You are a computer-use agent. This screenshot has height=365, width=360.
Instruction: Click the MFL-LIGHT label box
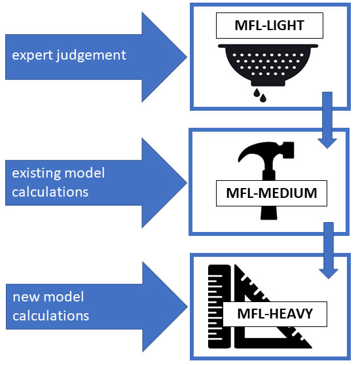270,26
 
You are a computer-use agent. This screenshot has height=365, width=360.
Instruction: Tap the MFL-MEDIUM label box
272,193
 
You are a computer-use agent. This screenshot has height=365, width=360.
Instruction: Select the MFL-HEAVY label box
275,314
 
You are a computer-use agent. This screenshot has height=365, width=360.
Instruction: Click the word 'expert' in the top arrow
32,56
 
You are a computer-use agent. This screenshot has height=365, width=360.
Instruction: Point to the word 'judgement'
91,56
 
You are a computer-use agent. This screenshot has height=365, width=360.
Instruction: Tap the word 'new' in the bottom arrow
26,298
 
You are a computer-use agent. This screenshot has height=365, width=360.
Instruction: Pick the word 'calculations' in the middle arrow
50,192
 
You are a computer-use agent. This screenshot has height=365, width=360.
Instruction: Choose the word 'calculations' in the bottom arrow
51,316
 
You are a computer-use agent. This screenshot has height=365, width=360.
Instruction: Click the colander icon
268,65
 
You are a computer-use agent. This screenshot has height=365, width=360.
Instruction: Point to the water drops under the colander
260,95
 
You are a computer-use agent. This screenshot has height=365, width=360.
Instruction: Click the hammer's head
266,151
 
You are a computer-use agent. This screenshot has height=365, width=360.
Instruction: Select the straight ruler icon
219,307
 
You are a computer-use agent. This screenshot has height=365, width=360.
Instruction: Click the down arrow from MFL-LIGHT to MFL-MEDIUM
327,120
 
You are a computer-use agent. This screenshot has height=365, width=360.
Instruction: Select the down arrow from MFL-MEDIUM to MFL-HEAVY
329,251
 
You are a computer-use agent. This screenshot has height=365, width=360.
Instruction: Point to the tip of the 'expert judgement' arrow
187,57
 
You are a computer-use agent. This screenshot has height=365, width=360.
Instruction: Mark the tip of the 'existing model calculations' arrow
187,183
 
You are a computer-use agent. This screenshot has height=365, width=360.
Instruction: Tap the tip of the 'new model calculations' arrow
188,307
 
